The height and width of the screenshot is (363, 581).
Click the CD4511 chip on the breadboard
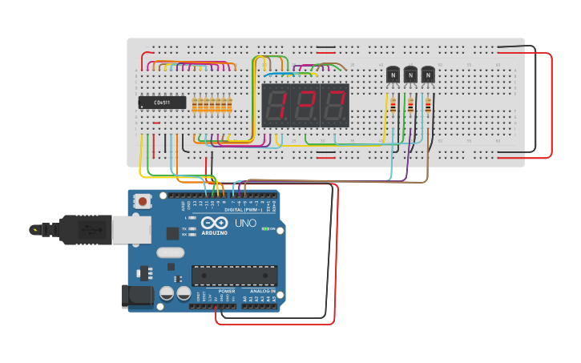162,103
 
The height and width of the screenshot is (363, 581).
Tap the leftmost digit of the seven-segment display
276,105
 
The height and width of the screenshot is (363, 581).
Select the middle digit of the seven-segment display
305,105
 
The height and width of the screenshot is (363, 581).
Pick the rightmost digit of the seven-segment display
335,105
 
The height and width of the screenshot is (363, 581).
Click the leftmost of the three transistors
393,75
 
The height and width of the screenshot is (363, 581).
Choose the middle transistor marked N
410,75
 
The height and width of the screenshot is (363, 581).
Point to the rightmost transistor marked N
428,75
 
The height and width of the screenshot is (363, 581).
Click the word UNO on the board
245,224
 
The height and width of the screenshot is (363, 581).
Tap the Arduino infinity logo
214,224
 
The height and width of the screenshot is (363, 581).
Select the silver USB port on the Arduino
131,229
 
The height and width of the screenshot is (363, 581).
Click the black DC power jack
136,296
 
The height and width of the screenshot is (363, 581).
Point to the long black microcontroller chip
234,276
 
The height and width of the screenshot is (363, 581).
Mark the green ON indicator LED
265,229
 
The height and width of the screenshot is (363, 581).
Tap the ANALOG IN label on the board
262,291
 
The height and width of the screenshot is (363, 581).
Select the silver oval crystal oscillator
171,252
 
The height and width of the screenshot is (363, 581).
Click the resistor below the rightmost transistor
428,105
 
